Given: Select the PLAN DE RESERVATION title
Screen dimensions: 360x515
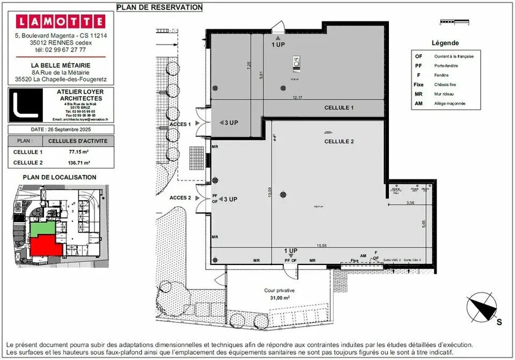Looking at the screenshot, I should click(159, 7).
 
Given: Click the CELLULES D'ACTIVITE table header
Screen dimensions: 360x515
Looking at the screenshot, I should click(78, 140).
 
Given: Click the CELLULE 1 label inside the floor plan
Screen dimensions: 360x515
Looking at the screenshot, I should click(339, 108).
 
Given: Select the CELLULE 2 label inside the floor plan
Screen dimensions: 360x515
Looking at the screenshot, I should click(339, 141).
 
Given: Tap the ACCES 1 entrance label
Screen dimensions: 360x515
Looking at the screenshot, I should click(181, 124).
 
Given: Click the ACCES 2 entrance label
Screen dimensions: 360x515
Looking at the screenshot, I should click(181, 198).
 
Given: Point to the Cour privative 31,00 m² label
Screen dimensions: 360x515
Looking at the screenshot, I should click(280, 294).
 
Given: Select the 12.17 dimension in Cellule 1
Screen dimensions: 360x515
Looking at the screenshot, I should click(298, 97).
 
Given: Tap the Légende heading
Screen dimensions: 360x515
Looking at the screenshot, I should click(445, 43).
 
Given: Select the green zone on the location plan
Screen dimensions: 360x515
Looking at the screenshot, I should click(42, 228).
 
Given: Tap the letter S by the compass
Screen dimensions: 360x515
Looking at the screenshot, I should click(498, 321).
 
